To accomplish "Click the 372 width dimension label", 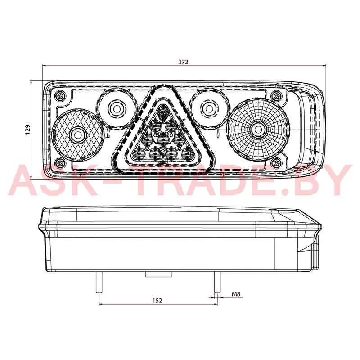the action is tap(184, 62).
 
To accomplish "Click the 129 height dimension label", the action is tap(27, 130).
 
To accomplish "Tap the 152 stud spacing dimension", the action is tap(157, 300).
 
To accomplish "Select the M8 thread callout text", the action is tap(236, 294).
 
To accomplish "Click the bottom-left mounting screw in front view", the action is tap(61, 163).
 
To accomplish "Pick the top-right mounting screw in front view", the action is tap(275, 94).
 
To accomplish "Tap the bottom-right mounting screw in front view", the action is tap(275, 163).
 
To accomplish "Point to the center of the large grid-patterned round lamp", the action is tap(258, 130).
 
